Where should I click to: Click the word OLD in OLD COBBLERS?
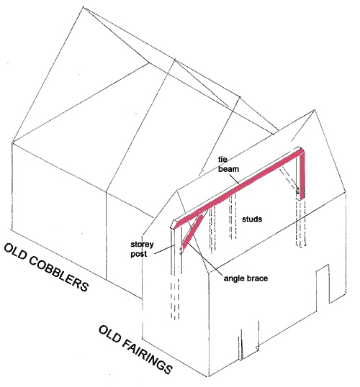(x=15, y=252)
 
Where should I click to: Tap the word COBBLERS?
(x=59, y=274)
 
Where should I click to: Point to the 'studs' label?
(x=252, y=219)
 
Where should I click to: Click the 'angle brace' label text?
(x=246, y=278)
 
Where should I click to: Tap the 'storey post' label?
(x=142, y=249)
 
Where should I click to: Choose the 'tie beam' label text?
(x=228, y=164)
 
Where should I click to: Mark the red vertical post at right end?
(x=302, y=176)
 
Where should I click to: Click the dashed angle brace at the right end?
(x=289, y=179)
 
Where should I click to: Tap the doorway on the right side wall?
(x=323, y=284)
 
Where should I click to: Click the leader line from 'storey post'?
(x=163, y=250)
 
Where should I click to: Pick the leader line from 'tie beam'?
(x=234, y=179)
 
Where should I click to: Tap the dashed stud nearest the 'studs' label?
(x=233, y=217)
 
